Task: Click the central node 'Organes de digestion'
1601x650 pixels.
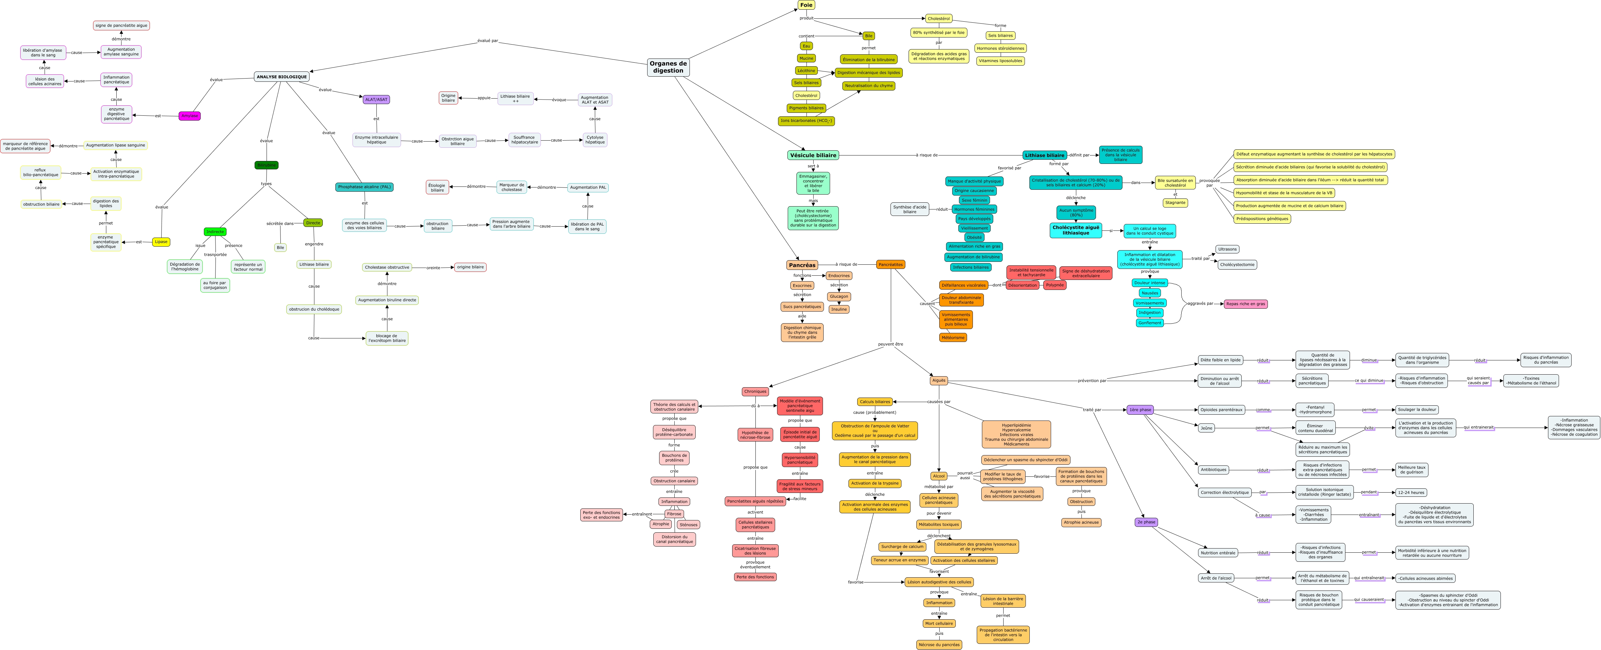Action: [668, 67]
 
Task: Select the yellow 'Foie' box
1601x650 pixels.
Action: [806, 5]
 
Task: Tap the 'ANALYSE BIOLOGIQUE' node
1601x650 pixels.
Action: [281, 77]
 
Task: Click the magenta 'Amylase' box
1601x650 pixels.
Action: [190, 116]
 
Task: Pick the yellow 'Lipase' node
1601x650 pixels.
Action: [161, 242]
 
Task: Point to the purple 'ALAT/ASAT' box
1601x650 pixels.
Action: [376, 100]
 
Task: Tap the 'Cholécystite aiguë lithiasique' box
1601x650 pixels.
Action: [1076, 230]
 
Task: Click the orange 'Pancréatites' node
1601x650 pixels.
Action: [890, 264]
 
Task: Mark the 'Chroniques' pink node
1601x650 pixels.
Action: [755, 392]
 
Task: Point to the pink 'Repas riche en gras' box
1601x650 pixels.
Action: [1246, 304]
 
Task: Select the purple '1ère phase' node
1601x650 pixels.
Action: [1140, 410]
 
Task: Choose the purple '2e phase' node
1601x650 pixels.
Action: [1146, 522]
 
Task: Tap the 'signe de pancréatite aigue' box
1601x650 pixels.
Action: [121, 26]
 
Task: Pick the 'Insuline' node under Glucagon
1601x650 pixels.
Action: [839, 309]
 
